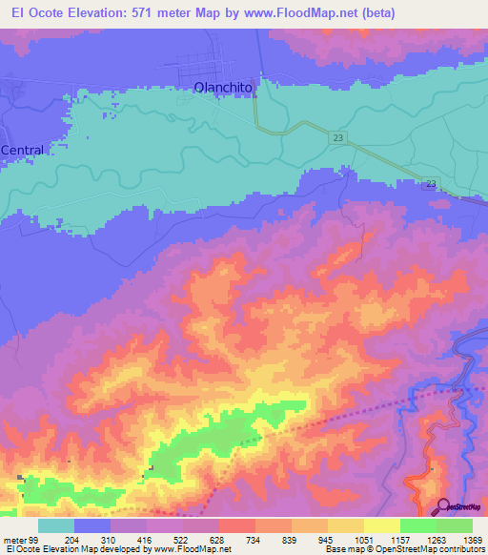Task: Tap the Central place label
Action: tap(23, 151)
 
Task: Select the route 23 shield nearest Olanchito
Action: tap(339, 139)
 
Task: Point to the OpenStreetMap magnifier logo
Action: tap(443, 506)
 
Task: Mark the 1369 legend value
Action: tap(460, 539)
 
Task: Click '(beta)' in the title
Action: tap(374, 12)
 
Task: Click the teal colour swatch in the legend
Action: tap(56, 525)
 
